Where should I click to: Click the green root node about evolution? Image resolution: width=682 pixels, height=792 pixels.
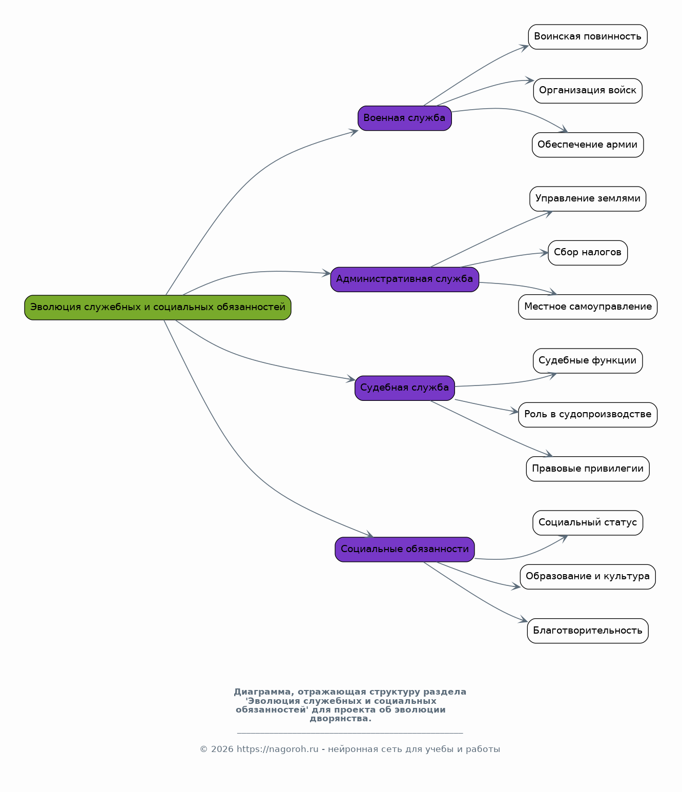[x=158, y=307]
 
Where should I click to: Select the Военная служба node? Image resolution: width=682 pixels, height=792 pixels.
[x=404, y=118]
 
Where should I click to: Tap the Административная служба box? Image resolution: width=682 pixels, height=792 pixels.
[x=404, y=279]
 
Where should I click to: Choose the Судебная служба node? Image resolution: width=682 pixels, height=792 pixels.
[x=404, y=388]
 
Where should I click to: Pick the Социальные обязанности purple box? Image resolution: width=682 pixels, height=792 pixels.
[x=404, y=550]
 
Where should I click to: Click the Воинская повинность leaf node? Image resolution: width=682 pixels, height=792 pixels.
[x=587, y=37]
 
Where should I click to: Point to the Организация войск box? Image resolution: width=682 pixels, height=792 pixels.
[x=587, y=91]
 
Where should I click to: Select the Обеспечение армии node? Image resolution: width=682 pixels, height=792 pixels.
[x=587, y=145]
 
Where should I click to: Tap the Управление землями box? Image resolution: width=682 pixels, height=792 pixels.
[x=587, y=199]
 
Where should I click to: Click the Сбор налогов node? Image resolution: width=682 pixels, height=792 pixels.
[x=587, y=253]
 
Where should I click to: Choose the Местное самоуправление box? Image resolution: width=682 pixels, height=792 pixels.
[x=587, y=307]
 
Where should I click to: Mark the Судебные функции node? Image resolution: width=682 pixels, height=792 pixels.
[x=587, y=361]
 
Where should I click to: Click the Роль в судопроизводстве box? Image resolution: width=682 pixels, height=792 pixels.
[x=587, y=415]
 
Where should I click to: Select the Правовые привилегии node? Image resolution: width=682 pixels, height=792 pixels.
[x=587, y=469]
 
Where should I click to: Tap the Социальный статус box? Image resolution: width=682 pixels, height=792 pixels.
[x=587, y=523]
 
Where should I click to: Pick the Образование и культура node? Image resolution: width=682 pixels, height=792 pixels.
[x=587, y=577]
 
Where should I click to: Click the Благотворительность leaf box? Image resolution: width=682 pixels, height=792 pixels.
[x=587, y=631]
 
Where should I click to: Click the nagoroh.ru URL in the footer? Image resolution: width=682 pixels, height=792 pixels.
[x=277, y=749]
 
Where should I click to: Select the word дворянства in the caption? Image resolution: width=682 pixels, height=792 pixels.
[x=340, y=719]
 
